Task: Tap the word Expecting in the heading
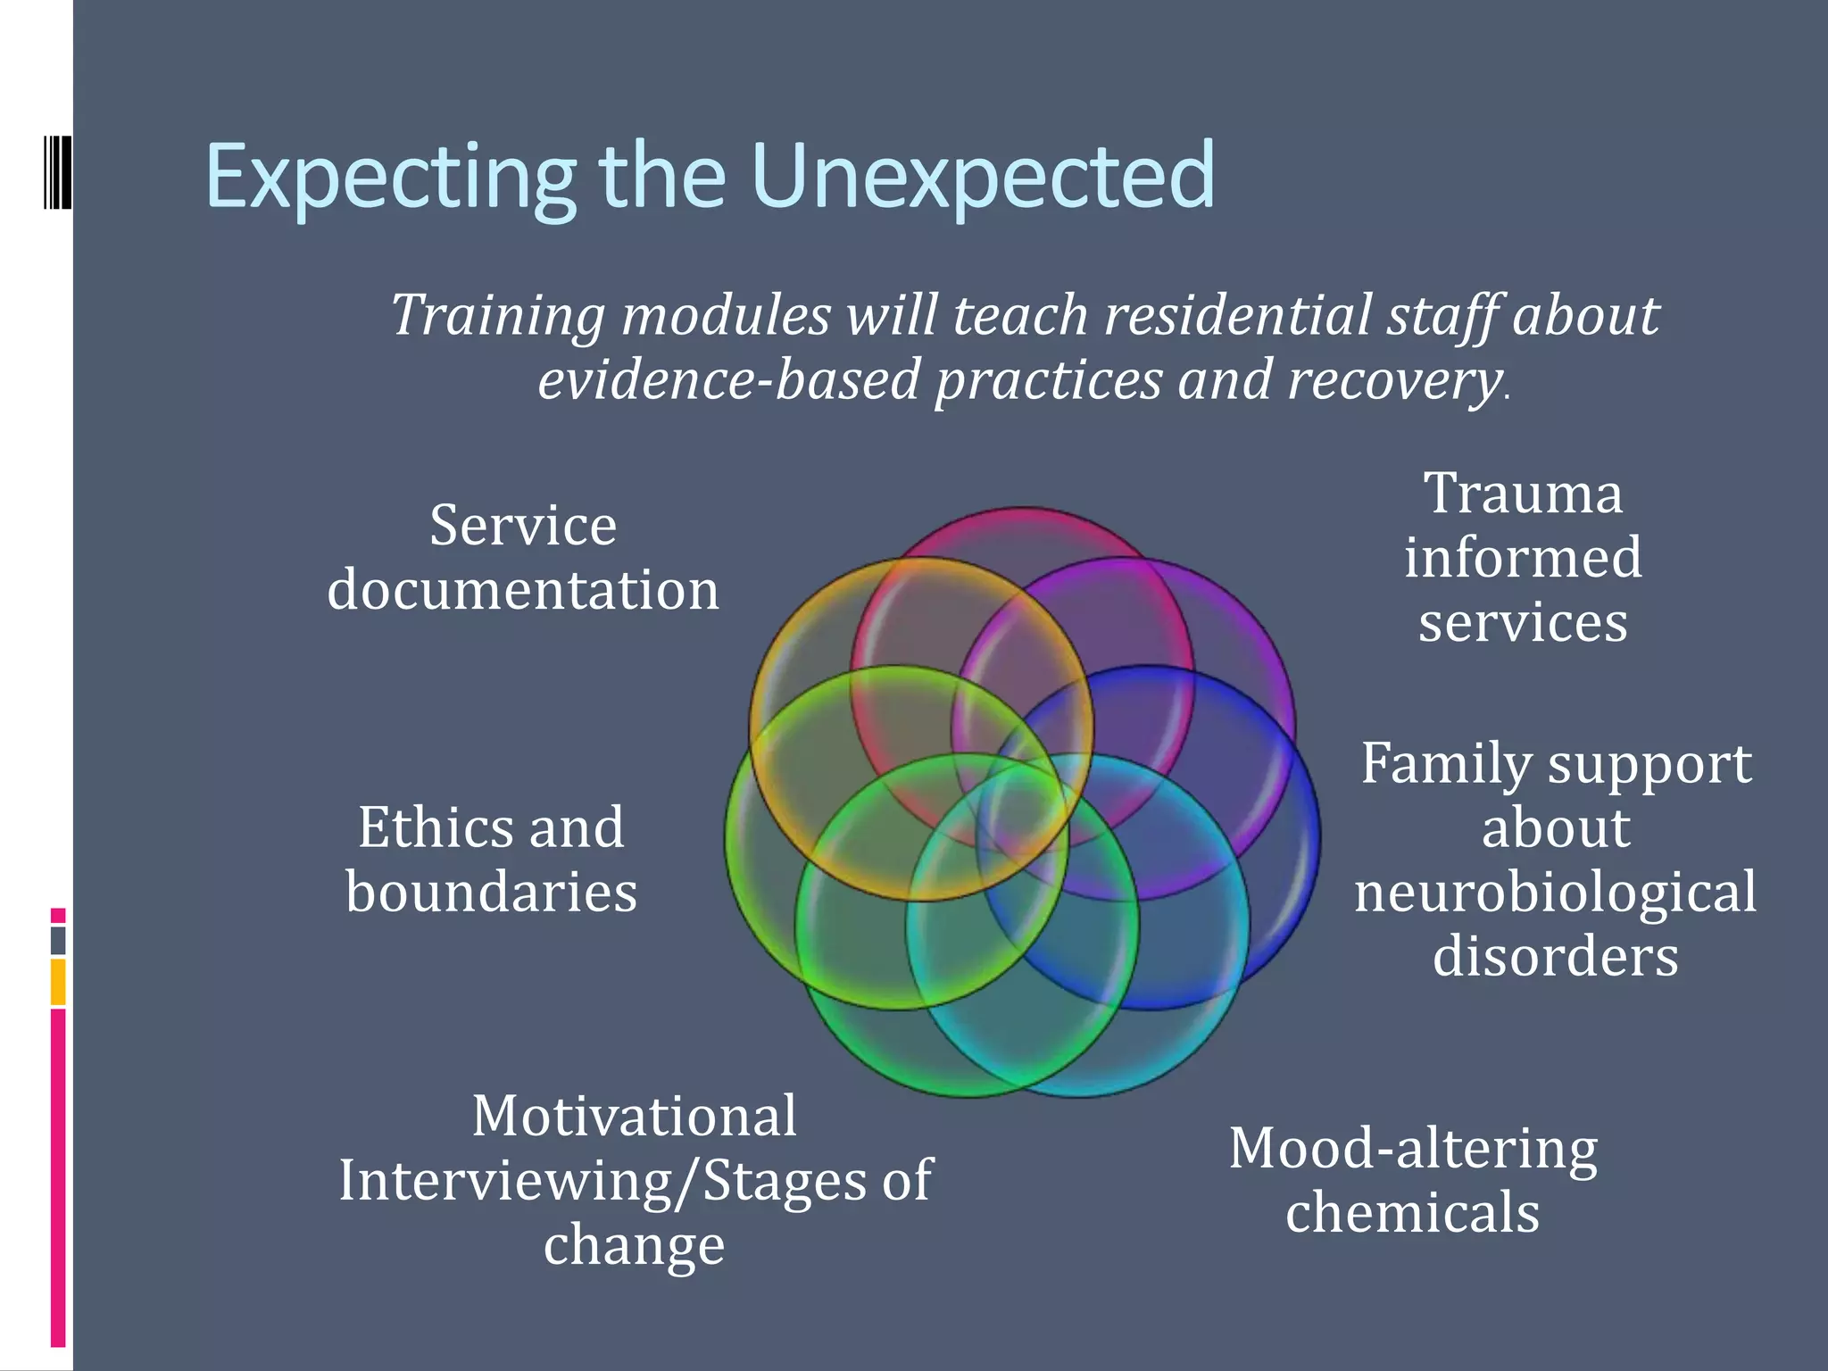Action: pos(391,179)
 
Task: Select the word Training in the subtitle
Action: pos(498,316)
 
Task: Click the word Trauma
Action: pos(1523,494)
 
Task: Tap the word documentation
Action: pos(523,590)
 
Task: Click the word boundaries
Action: pos(492,892)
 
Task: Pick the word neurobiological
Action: pos(1555,892)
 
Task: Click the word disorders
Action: pos(1555,956)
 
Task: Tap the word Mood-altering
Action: pos(1413,1149)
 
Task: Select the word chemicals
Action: pos(1413,1213)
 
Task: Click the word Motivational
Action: pos(634,1117)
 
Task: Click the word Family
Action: pos(1446,765)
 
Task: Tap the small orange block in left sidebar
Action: pos(58,982)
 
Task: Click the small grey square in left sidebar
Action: pos(58,941)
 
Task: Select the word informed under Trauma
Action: pos(1523,558)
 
